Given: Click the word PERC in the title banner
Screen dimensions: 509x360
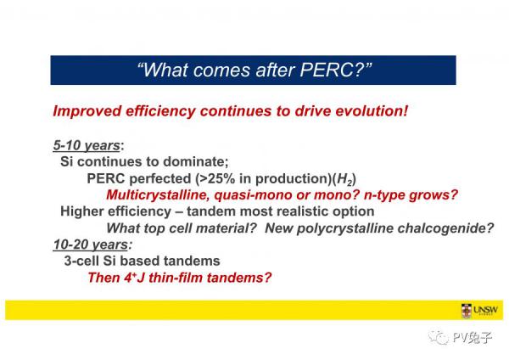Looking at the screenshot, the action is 327,70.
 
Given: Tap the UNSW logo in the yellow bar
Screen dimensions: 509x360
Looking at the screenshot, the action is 479,310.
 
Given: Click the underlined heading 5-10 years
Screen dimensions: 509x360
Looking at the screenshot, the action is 87,145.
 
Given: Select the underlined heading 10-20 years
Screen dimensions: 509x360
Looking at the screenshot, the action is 91,245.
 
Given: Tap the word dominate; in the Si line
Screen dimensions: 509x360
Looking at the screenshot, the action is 196,162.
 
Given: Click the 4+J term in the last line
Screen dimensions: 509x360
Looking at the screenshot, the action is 134,278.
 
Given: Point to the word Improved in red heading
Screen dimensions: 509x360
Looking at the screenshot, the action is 87,111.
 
